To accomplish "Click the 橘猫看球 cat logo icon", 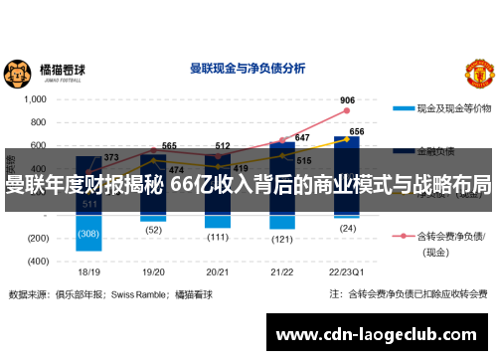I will [17, 73].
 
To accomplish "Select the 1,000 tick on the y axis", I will [35, 99].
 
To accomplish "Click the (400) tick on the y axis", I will [36, 261].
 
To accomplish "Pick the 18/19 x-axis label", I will [88, 270].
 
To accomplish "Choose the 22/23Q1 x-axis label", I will [348, 270].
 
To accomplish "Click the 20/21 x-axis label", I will [219, 270].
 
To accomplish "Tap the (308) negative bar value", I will [88, 234].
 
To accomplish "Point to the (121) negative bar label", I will [282, 240].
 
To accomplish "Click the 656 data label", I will [357, 131].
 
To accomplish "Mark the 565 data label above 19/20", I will [169, 145].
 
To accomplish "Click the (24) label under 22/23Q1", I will [347, 228].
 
